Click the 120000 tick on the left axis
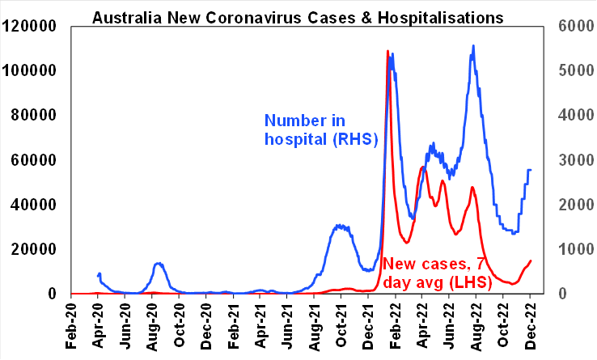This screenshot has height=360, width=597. click(x=29, y=26)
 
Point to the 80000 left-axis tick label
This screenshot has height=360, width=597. click(x=33, y=115)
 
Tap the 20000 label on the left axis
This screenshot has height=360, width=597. click(x=33, y=249)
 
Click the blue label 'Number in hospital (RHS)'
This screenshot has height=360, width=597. click(x=321, y=130)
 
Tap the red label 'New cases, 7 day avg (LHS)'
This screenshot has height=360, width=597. click(x=444, y=272)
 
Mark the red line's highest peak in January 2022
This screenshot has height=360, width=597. click(x=387, y=51)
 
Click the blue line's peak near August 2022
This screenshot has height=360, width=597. click(x=472, y=46)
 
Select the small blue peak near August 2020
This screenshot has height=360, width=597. click(x=158, y=263)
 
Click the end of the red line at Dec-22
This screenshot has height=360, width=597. click(x=531, y=260)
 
